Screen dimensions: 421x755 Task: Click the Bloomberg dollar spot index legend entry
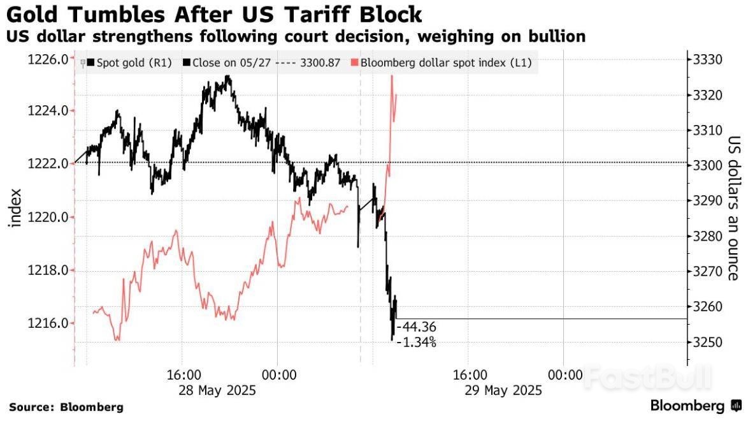(446, 63)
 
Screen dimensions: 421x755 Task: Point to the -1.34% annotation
(416, 343)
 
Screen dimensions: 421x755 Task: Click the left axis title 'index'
(15, 208)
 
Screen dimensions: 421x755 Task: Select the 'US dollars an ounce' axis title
(733, 208)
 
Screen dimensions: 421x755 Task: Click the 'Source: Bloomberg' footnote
(66, 407)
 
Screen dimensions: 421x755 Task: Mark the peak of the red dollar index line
(392, 76)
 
